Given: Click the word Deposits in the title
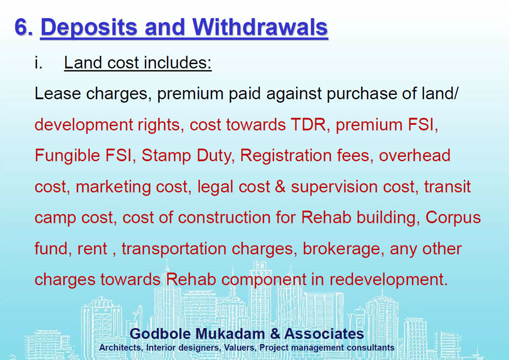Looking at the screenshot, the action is point(89,28).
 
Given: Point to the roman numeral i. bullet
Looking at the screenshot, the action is point(38,62).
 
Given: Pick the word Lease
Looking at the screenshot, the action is point(58,94).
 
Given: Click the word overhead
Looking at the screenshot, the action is point(414,155).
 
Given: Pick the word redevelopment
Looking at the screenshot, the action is point(388,280).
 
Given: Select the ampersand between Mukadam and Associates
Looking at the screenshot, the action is point(275,334).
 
